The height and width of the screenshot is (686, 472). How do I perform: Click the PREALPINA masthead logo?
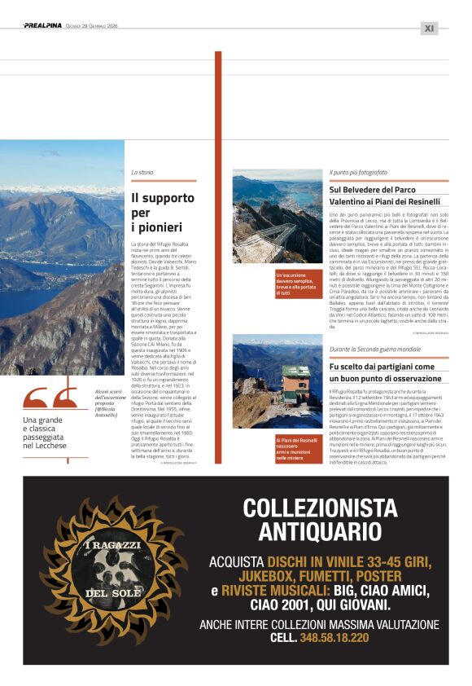[42, 26]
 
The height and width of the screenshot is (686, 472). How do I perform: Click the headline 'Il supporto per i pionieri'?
[162, 212]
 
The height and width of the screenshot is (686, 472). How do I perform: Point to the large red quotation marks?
[48, 398]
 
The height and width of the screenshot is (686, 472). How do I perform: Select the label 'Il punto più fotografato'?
[358, 173]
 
